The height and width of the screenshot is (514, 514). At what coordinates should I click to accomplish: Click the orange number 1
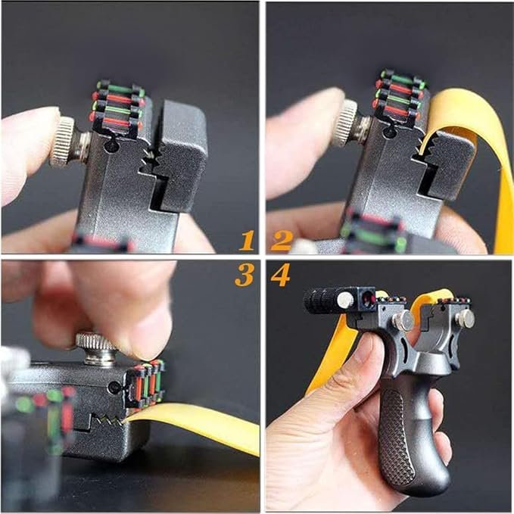tap(247, 241)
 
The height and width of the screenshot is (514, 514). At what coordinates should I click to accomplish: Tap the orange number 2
tap(282, 241)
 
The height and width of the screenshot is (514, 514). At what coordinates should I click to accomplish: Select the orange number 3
tap(244, 276)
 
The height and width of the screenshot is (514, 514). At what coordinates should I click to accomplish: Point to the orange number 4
tap(280, 276)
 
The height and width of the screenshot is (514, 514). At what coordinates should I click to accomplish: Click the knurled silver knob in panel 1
tap(65, 142)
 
